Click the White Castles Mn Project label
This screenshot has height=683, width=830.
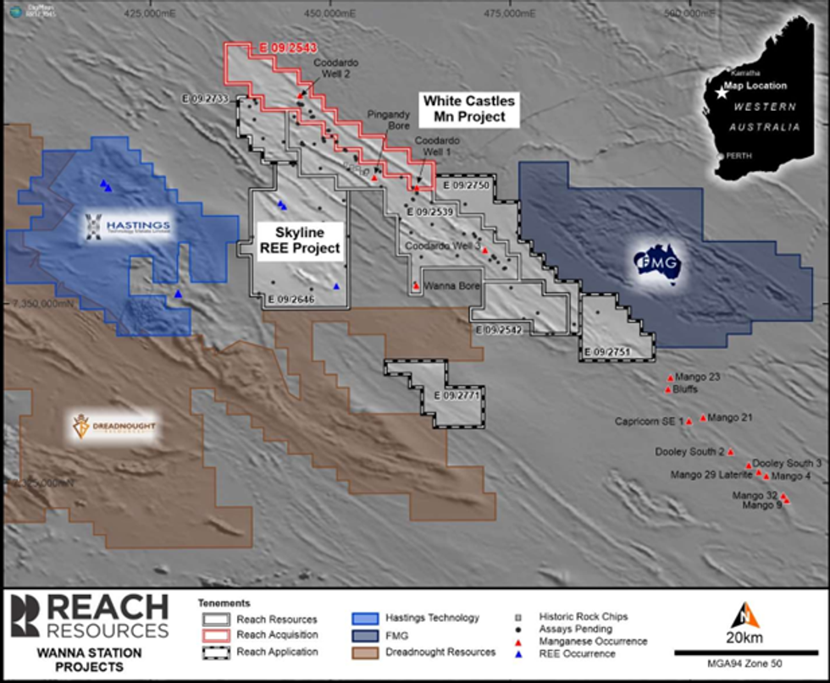click(468, 109)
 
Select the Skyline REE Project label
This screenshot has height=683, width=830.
click(299, 240)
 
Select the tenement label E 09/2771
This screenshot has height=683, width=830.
click(456, 395)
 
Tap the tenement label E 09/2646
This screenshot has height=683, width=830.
click(290, 299)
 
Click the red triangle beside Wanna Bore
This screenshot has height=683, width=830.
click(416, 286)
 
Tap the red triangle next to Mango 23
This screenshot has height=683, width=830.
click(670, 377)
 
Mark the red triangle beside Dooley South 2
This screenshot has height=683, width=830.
click(731, 451)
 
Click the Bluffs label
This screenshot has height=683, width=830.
click(686, 390)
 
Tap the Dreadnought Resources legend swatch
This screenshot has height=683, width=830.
click(366, 652)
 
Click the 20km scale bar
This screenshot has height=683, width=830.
click(746, 653)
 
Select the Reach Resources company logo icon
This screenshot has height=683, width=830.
click(23, 617)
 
